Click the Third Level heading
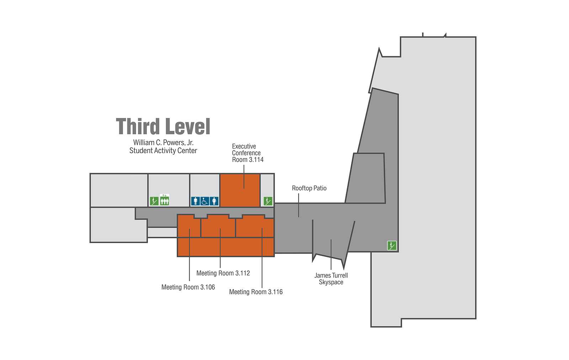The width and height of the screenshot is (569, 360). click(163, 126)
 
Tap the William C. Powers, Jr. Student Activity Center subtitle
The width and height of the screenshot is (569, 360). click(163, 146)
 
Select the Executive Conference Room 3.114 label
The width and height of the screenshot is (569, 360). click(248, 153)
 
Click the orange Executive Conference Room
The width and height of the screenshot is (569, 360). click(240, 190)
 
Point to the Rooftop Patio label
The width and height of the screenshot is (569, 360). click(309, 188)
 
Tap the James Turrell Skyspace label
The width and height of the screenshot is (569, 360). click(331, 279)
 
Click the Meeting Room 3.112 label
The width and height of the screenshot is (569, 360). click(223, 273)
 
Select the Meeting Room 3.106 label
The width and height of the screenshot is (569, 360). click(188, 287)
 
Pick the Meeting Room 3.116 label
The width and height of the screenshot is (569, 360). click(256, 292)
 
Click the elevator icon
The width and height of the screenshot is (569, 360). click(165, 200)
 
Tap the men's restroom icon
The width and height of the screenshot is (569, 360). click(195, 201)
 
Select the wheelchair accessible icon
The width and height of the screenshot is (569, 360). click(205, 201)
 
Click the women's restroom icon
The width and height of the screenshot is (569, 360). click(214, 201)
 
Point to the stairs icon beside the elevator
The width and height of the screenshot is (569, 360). click(154, 201)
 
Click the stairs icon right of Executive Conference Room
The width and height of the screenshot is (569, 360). click(268, 201)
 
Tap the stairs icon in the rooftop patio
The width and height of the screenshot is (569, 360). click(392, 246)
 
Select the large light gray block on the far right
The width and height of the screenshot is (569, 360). click(437, 178)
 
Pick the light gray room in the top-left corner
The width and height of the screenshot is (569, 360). click(119, 190)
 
